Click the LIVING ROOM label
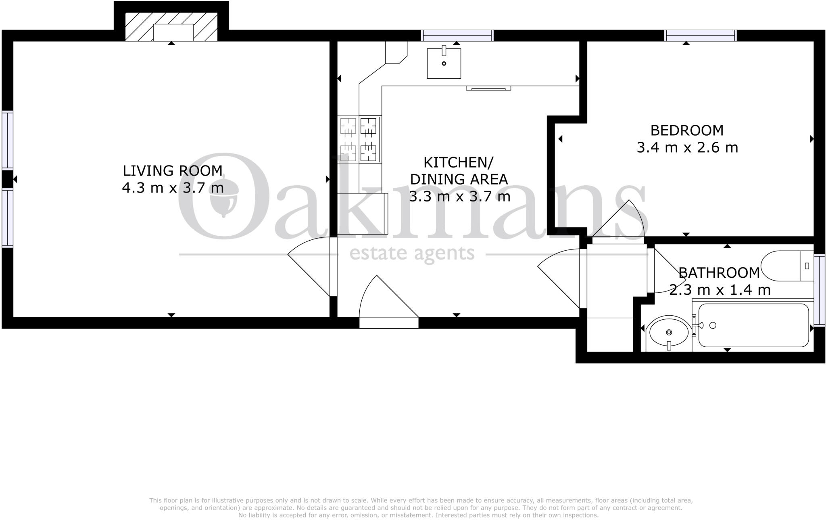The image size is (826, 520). tap(173, 171)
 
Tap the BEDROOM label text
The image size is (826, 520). tap(687, 130)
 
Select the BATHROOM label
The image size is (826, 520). tap(719, 273)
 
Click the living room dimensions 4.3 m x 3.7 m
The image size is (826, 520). tap(173, 188)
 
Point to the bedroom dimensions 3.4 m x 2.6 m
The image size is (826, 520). tap(687, 147)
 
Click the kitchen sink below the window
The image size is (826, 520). tap(444, 63)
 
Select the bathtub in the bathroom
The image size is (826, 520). tap(753, 325)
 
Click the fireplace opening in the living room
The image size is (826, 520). tap(173, 32)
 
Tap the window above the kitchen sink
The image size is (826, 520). tap(457, 36)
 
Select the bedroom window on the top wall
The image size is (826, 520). tap(701, 36)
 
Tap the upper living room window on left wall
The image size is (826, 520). tap(7, 140)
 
